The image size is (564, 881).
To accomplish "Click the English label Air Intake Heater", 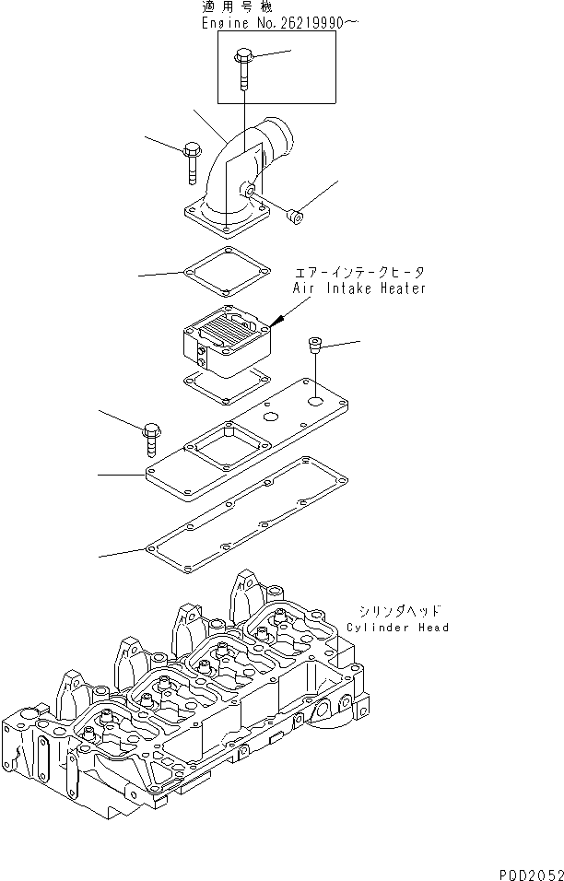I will click(x=359, y=288).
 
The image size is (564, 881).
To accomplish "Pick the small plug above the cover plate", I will click(x=313, y=344).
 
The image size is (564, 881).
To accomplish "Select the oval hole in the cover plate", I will click(x=270, y=417).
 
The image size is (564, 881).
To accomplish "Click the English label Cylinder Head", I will click(x=397, y=628).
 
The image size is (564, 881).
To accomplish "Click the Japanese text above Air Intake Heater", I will click(x=359, y=273).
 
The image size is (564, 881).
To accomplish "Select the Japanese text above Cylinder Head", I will click(x=399, y=611).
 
